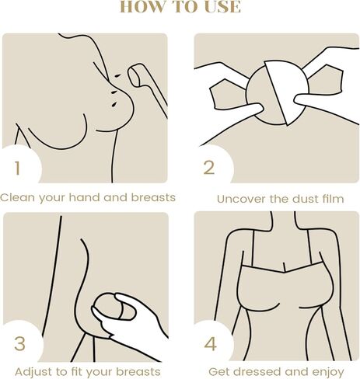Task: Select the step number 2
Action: pos(208,168)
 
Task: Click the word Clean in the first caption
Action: pos(16,197)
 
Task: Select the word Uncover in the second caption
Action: pos(240,199)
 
